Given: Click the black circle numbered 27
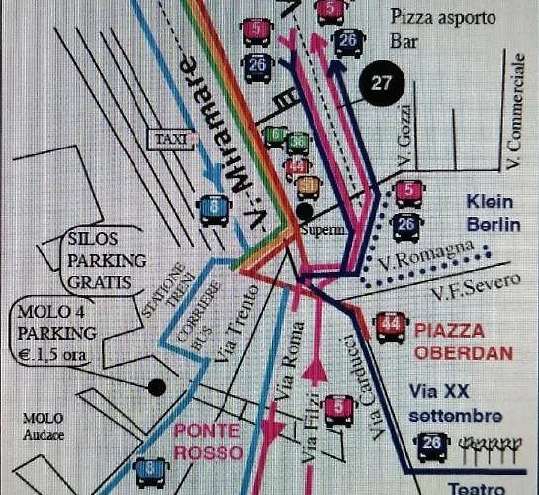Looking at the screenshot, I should coord(381,84).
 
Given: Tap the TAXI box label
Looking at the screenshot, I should coord(170,140).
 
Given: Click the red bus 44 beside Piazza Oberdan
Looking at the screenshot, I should coord(391,326).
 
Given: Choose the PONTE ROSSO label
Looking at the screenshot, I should coord(208,443).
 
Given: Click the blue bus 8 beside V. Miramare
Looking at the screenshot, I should coord(214,208).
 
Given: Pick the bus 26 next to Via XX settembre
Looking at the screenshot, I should coord(432,446).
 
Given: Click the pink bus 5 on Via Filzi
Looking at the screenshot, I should coord(339,407).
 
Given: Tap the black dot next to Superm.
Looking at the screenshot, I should coord(305,210).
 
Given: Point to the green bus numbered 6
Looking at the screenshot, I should coord(276,136).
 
